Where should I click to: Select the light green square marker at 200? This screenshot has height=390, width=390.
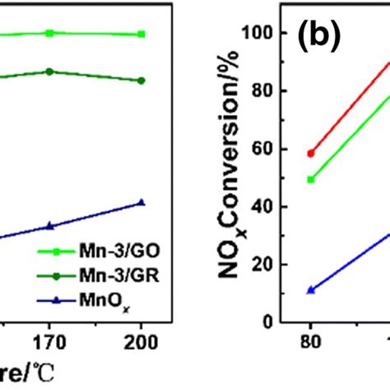[142, 35]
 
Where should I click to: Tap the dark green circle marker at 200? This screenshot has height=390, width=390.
[142, 81]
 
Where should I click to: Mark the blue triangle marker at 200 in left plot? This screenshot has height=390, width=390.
[142, 202]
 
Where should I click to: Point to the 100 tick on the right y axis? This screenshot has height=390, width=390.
[260, 33]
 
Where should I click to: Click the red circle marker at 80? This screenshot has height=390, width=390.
[311, 154]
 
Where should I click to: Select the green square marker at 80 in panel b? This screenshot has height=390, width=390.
[311, 179]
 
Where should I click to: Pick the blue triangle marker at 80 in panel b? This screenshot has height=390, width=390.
[311, 290]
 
